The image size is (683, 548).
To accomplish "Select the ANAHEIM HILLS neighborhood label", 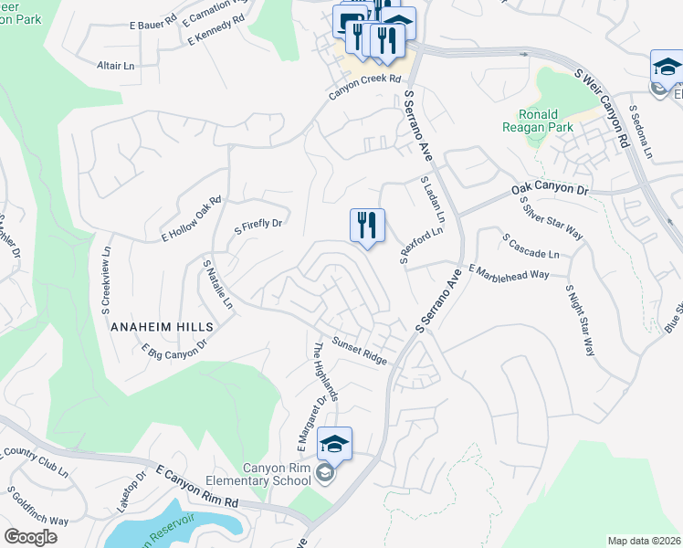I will pyautogui.click(x=162, y=326).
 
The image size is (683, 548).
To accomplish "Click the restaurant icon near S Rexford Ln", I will pyautogui.click(x=367, y=226).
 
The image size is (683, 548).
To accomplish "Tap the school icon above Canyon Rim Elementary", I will pyautogui.click(x=335, y=445).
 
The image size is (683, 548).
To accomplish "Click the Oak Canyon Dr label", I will pyautogui.click(x=551, y=189).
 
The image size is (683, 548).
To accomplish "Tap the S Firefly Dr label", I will pyautogui.click(x=259, y=223).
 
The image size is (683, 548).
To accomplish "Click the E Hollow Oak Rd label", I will pyautogui.click(x=191, y=219).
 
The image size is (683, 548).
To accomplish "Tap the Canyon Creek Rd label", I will pyautogui.click(x=365, y=80).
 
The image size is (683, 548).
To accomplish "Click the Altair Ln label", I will pyautogui.click(x=115, y=67).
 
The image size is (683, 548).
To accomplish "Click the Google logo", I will pyautogui.click(x=30, y=537).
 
